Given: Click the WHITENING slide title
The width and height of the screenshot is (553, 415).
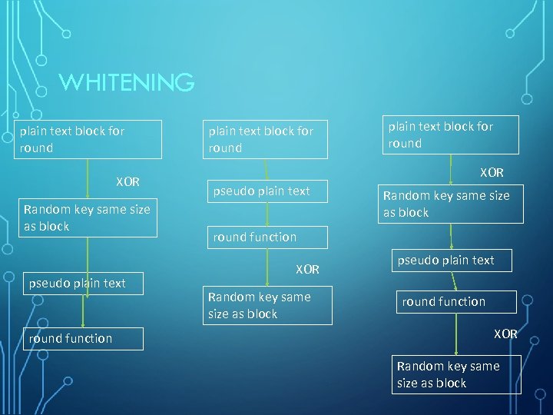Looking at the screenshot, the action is click(x=127, y=81).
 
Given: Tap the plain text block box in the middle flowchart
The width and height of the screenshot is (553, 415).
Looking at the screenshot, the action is click(x=265, y=140).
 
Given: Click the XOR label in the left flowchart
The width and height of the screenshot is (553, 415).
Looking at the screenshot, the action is click(x=127, y=182).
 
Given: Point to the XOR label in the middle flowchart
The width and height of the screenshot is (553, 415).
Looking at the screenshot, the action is click(x=308, y=270).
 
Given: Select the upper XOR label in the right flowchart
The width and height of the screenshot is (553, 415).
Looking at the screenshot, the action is click(x=492, y=173).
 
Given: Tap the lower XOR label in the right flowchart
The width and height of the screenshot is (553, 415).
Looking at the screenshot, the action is click(x=505, y=334).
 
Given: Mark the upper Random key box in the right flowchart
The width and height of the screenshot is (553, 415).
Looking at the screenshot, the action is click(x=451, y=204).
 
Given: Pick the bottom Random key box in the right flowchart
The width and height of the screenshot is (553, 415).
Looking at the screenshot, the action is click(x=456, y=374).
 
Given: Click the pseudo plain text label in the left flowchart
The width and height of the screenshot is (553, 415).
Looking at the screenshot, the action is click(x=77, y=283).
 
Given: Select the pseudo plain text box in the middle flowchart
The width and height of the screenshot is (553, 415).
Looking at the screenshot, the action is click(x=267, y=191).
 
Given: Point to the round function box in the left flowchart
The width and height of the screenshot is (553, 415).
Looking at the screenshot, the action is click(x=83, y=338).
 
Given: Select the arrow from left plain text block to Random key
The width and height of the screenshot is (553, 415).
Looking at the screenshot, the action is click(x=88, y=179).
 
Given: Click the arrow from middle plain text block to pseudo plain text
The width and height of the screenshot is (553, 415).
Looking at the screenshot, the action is click(x=267, y=169).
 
